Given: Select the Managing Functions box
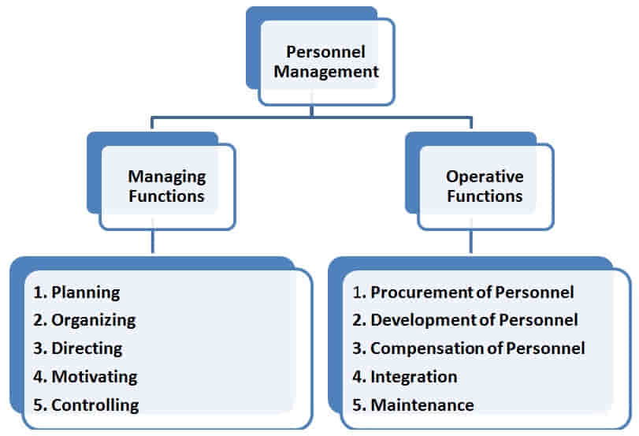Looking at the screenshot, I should point(167,186).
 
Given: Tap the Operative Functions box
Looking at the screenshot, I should point(485,186).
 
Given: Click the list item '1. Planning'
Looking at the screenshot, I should point(76,293).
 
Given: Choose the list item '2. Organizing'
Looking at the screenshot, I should point(84,320).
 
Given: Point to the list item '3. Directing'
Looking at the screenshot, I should point(77,348).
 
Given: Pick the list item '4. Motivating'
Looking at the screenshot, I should point(85,376).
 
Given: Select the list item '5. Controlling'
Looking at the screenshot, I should point(86,405).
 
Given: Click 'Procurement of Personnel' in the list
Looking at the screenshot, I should point(471,293).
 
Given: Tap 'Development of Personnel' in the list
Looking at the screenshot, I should point(474,320).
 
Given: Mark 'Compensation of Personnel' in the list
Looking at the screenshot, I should point(477,348).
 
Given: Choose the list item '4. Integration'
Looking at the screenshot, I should point(404,376).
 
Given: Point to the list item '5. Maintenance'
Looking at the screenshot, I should point(413,405).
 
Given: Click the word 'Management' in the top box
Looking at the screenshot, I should point(332,72).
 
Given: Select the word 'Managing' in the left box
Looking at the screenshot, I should point(167,177).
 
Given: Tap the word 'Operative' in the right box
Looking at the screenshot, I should point(485,177).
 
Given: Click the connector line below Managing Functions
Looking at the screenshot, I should point(154,242).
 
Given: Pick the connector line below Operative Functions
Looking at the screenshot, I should point(471,242).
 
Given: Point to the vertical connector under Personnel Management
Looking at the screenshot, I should point(312,111).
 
